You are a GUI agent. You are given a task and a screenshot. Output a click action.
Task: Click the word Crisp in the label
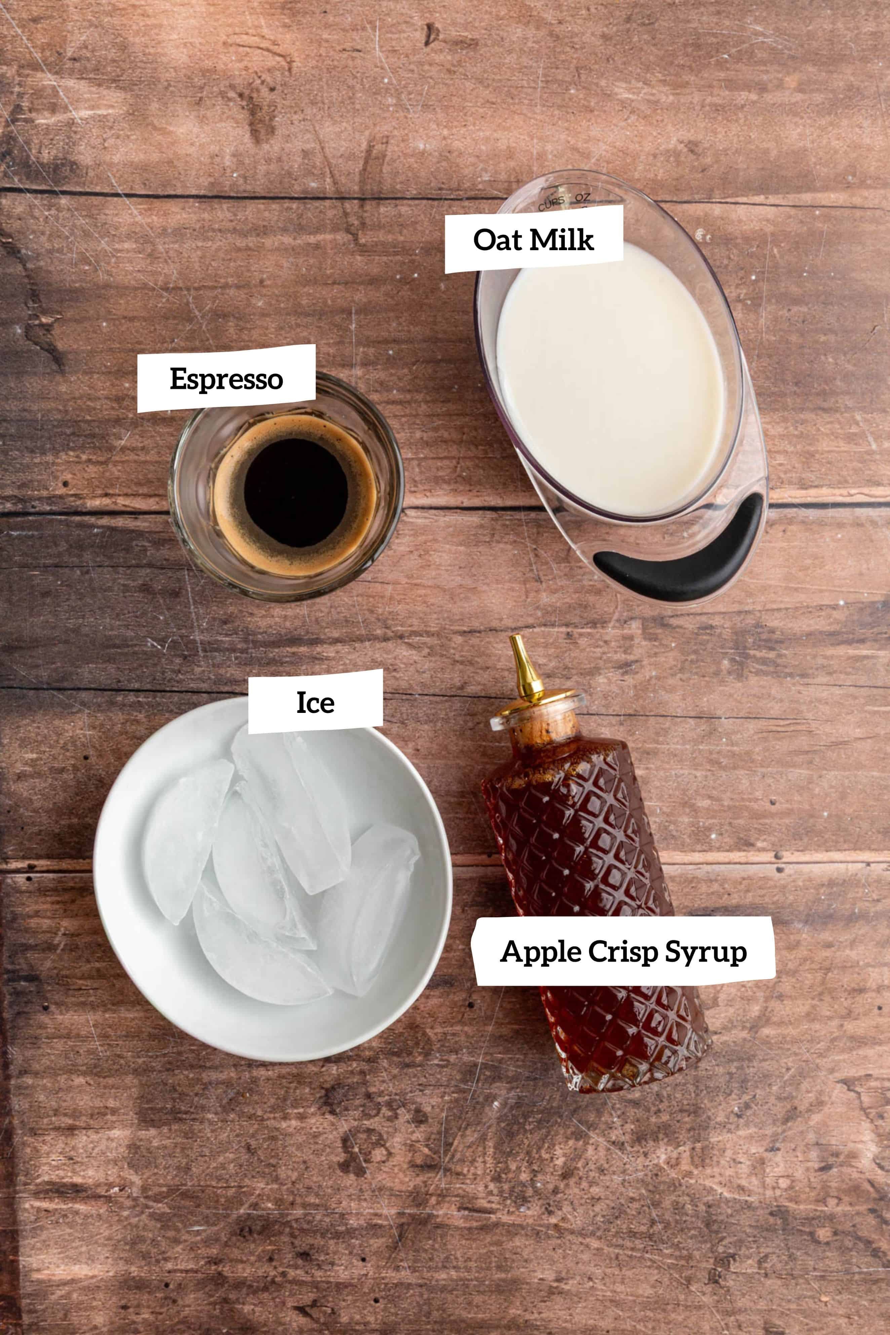[623, 952]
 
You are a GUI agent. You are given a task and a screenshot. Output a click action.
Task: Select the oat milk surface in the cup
[610, 380]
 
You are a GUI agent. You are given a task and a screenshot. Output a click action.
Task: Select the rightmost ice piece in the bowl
[369, 908]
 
